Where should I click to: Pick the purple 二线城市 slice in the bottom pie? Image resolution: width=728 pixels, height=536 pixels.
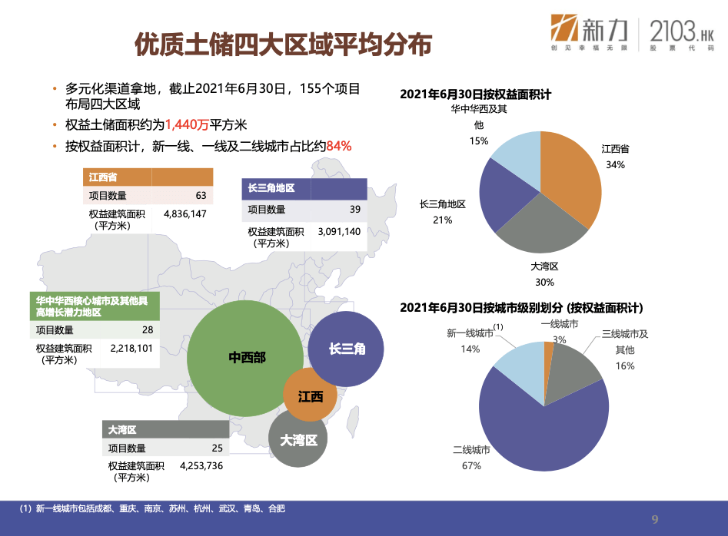tap(539, 432)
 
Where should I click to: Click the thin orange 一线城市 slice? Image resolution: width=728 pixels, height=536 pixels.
tap(548, 366)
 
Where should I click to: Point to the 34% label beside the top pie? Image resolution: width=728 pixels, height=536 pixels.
tap(615, 164)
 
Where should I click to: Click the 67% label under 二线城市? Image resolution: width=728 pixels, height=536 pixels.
tap(471, 465)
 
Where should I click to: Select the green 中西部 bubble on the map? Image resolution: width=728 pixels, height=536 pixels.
tap(245, 358)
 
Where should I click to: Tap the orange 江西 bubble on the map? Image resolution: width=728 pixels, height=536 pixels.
tap(310, 395)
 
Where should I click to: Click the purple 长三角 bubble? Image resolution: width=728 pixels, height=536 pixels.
tap(346, 349)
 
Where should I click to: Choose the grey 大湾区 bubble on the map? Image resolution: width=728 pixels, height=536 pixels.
tap(298, 438)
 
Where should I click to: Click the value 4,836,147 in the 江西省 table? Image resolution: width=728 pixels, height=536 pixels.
tap(184, 213)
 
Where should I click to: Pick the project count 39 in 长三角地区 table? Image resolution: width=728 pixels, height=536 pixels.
tap(355, 209)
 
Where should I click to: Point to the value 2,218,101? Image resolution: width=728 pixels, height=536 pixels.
tap(131, 348)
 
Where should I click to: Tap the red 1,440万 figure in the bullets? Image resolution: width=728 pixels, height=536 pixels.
tap(187, 124)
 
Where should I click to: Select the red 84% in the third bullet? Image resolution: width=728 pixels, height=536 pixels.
tap(339, 146)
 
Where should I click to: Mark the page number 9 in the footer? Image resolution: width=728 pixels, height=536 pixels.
tap(655, 519)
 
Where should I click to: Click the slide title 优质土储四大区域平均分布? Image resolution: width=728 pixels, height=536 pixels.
tap(283, 45)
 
